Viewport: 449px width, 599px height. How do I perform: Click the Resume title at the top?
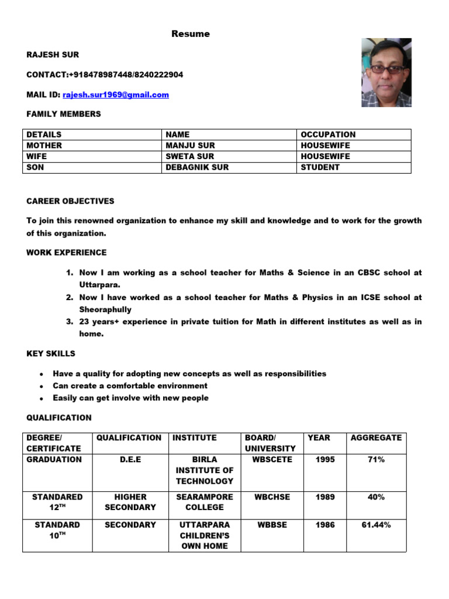(x=190, y=34)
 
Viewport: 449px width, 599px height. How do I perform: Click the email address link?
(x=116, y=95)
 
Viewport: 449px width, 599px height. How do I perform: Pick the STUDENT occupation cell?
(x=320, y=167)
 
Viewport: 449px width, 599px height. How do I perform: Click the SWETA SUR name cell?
(x=190, y=156)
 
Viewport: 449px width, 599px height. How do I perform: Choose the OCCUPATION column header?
(x=327, y=134)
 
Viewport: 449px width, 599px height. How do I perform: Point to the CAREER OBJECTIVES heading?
(x=70, y=201)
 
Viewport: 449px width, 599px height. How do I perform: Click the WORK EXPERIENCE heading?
(x=67, y=252)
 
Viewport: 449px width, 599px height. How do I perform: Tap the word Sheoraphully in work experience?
(x=105, y=309)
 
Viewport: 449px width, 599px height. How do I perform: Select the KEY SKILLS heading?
(x=51, y=353)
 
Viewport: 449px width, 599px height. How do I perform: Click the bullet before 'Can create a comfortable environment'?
(x=42, y=386)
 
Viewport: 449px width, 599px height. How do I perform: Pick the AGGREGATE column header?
(x=376, y=438)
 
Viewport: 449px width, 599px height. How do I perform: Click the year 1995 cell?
(x=325, y=460)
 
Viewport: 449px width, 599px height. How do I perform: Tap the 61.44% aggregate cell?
(x=376, y=525)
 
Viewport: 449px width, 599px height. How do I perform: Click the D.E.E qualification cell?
(x=130, y=460)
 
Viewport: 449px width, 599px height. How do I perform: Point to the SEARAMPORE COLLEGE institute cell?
(x=204, y=502)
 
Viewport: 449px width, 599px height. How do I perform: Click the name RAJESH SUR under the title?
(x=53, y=54)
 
